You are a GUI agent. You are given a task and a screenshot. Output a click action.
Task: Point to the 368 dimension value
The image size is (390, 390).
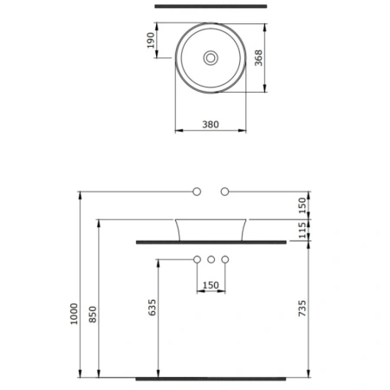click(259, 57)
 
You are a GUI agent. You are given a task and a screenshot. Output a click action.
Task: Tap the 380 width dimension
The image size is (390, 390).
click(209, 124)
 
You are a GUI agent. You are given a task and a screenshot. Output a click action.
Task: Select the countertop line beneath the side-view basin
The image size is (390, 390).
click(211, 242)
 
